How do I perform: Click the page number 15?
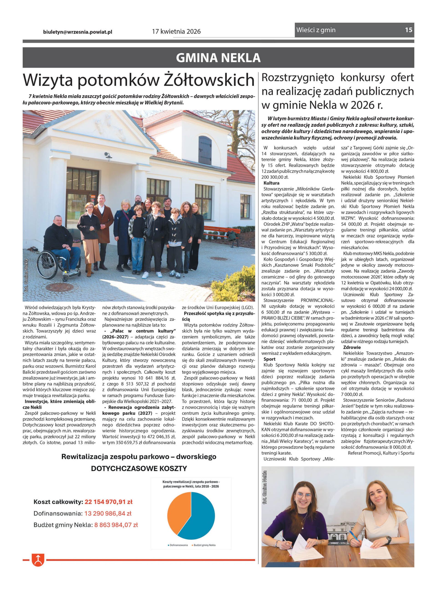pos(408,30)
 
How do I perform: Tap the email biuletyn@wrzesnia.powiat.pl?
pos(78,32)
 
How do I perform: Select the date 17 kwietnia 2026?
pos(176,31)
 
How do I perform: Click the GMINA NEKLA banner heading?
pos(218,58)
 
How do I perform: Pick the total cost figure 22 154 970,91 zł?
pos(109,502)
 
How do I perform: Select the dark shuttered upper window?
pos(205,150)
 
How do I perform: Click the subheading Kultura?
pos(271,183)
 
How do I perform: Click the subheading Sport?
pos(269,359)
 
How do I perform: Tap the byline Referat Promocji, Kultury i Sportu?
pos(381,453)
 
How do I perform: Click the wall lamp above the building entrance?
pos(108,156)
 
